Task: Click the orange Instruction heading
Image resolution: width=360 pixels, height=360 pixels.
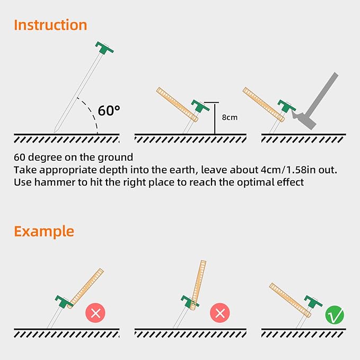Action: pos(50,25)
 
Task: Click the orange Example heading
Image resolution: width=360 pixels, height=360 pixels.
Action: pos(44,232)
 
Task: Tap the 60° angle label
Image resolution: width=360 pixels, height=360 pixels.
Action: pos(109,111)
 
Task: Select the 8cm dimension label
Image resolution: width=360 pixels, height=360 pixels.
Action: pos(229,117)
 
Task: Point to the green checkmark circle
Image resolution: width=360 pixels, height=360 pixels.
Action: pos(335,314)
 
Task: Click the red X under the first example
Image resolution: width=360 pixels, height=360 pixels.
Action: pos(95,313)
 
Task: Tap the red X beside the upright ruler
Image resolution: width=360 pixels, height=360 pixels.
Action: pos(219,313)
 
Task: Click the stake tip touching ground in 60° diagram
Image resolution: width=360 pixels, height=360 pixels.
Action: pos(55,130)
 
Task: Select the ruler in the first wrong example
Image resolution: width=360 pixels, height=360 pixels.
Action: pos(86,288)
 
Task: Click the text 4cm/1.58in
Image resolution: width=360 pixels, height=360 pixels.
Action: pos(278,170)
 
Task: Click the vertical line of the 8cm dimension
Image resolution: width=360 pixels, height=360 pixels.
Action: pos(214,118)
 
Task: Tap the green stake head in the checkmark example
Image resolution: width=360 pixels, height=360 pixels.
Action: pos(313,303)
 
